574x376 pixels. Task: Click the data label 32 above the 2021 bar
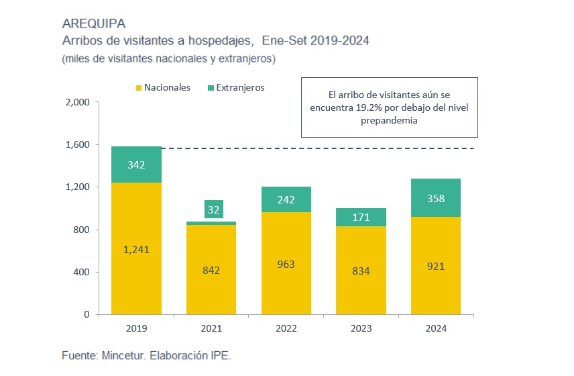[214, 209]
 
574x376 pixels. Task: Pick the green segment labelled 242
[286, 199]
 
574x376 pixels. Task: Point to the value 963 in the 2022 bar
[286, 265]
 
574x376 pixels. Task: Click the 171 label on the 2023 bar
[361, 218]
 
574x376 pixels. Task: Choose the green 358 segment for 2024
[435, 198]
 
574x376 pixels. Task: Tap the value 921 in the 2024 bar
[435, 266]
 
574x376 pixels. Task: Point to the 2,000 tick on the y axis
[76, 103]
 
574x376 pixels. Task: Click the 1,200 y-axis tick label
[76, 187]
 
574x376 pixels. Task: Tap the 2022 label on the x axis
[286, 329]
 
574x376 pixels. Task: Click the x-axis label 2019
[137, 329]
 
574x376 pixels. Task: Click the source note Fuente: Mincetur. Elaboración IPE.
[146, 355]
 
